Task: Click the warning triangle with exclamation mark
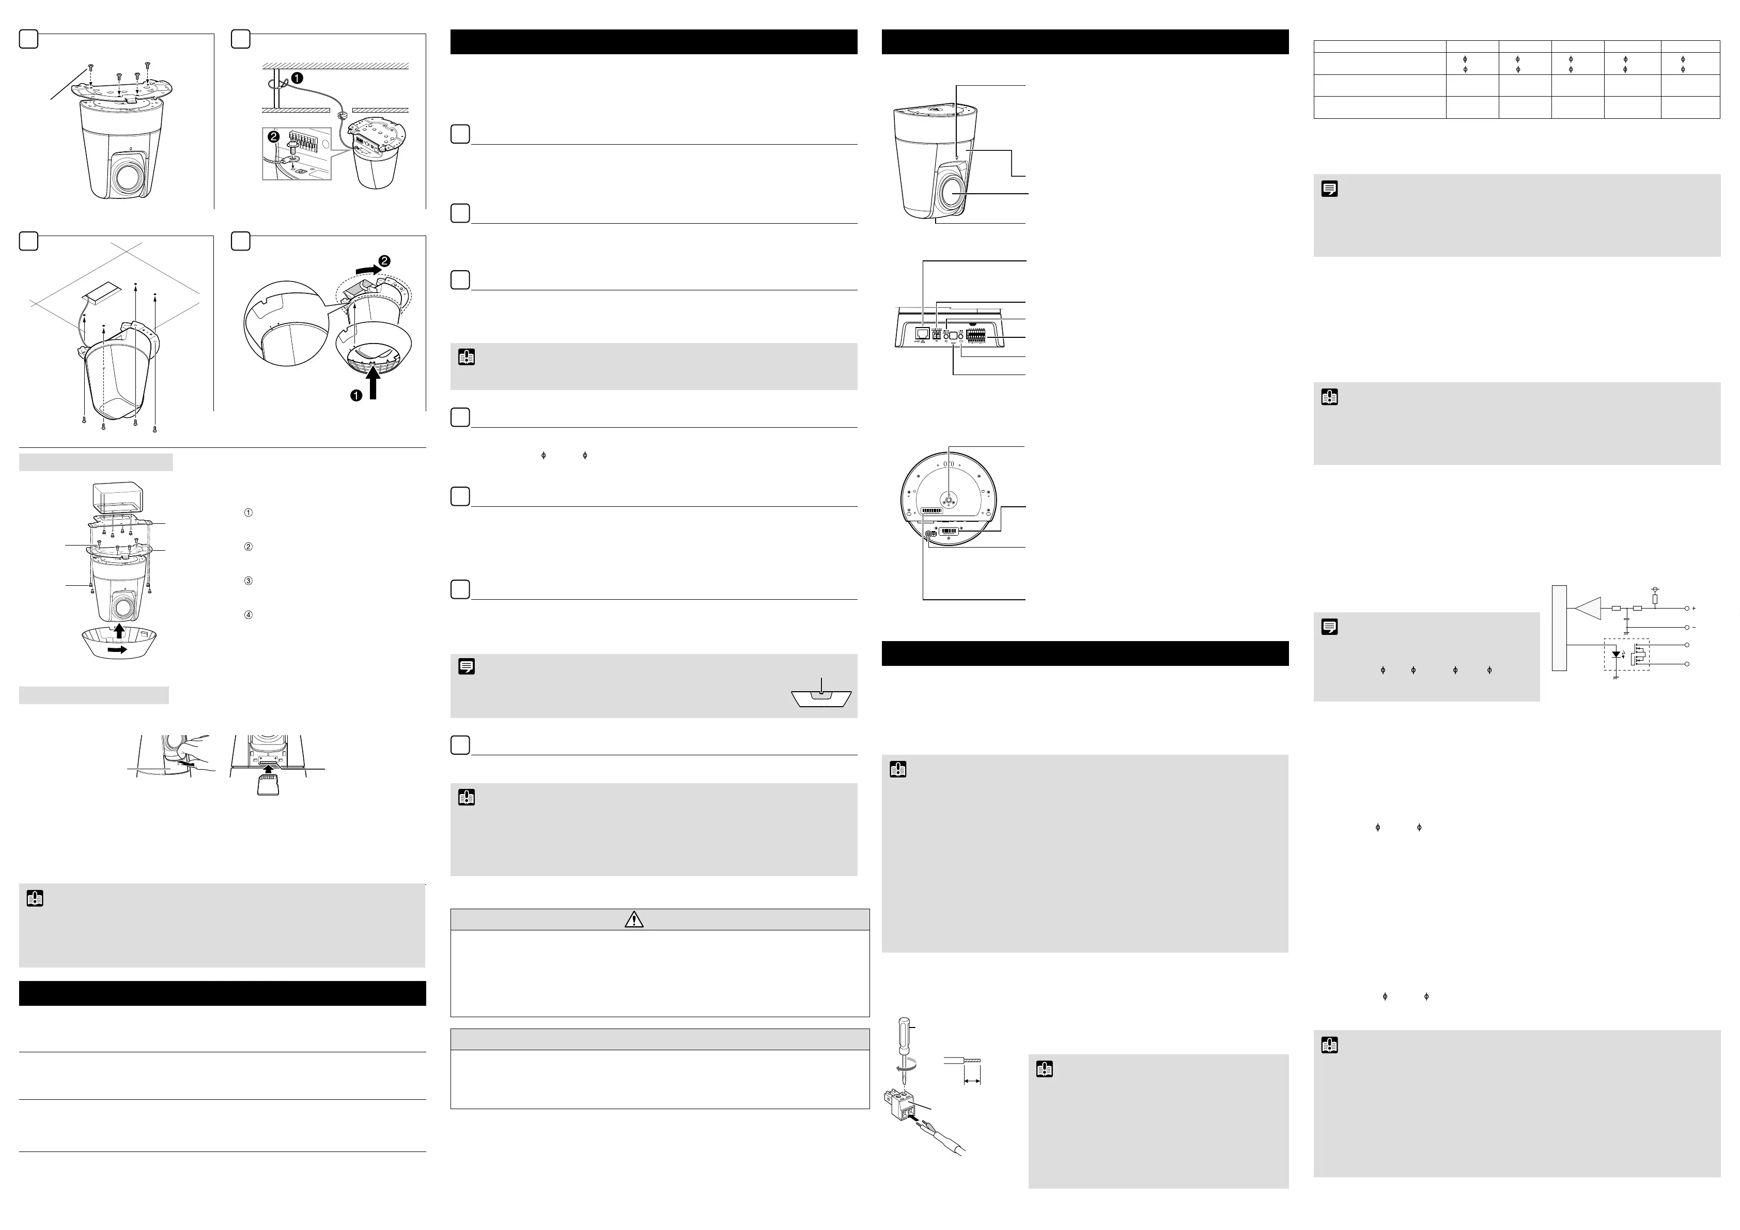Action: [633, 920]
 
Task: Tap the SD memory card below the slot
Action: [268, 786]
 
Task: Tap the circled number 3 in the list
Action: [248, 581]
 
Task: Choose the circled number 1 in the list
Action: [248, 512]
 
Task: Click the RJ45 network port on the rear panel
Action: [922, 333]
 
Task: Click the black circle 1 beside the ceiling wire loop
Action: [298, 78]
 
